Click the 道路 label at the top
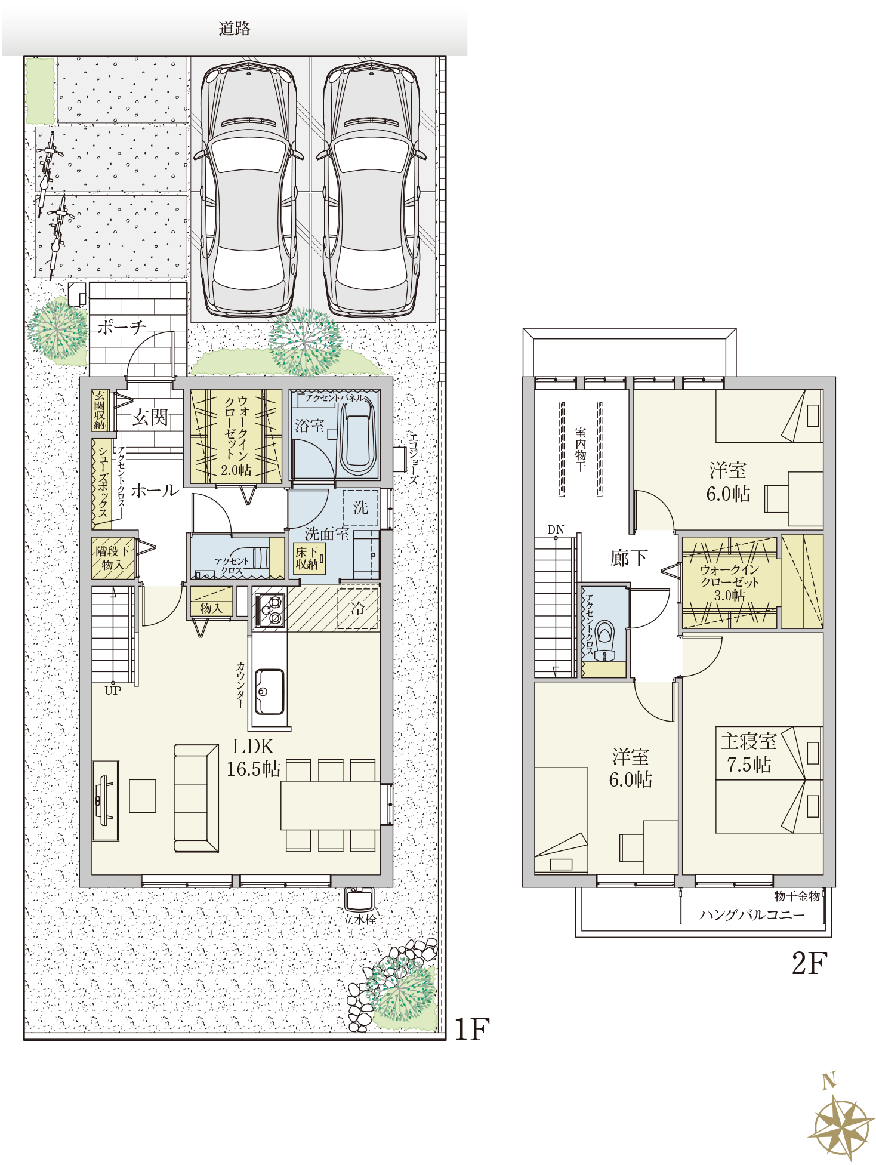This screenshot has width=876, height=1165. tap(234, 28)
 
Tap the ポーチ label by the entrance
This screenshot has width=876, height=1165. tap(121, 327)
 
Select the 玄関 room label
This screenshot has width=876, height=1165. tap(150, 417)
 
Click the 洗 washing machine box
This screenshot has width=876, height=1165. tap(360, 507)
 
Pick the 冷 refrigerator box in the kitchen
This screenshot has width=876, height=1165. tap(358, 608)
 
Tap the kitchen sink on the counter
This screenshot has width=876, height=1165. tap(269, 691)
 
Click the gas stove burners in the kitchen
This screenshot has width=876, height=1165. tap(269, 610)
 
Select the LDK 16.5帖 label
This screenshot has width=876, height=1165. tap(253, 757)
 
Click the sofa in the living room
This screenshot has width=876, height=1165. tap(196, 797)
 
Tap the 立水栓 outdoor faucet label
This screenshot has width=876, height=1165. tap(360, 920)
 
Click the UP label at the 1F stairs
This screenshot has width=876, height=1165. tap(113, 691)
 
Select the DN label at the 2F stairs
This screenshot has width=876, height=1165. tap(556, 529)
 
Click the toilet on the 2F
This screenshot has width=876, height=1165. tap(604, 641)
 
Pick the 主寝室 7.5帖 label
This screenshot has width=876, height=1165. tap(748, 753)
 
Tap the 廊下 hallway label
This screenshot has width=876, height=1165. tap(628, 558)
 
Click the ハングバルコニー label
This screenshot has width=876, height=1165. tap(752, 915)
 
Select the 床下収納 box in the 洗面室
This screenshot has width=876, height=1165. tap(308, 559)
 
